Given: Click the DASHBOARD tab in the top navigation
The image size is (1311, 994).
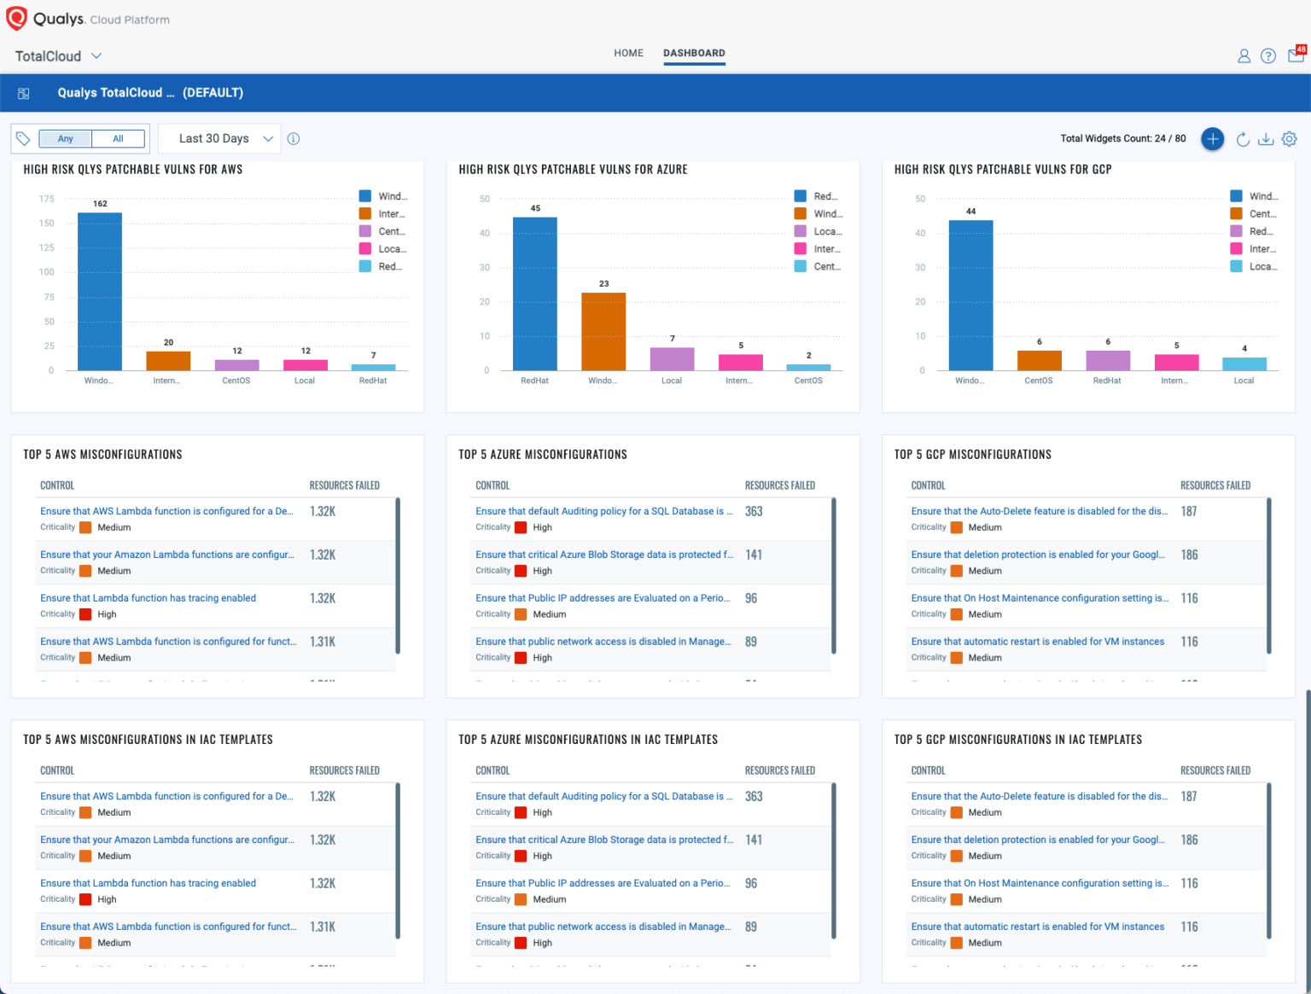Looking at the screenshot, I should pyautogui.click(x=694, y=53).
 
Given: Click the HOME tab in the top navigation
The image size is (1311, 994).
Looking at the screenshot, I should pyautogui.click(x=628, y=53).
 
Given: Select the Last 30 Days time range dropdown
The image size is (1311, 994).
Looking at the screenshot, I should pyautogui.click(x=225, y=139).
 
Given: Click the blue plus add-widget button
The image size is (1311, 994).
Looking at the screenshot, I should pyautogui.click(x=1212, y=139).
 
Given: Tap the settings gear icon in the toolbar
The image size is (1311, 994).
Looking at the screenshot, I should pyautogui.click(x=1289, y=139).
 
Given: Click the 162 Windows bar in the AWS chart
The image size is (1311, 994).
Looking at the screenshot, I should pyautogui.click(x=100, y=291).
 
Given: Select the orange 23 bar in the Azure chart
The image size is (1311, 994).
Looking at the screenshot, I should pyautogui.click(x=603, y=331).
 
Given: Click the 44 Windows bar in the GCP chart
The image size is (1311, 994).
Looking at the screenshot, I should pyautogui.click(x=970, y=295).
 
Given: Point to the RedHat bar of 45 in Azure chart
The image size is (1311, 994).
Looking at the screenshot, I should pyautogui.click(x=535, y=294).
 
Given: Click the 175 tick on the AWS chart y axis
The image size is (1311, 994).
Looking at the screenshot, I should pyautogui.click(x=47, y=199).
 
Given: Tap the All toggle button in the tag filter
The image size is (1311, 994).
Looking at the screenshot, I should pyautogui.click(x=118, y=139).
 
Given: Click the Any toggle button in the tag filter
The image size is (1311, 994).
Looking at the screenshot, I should pyautogui.click(x=66, y=139).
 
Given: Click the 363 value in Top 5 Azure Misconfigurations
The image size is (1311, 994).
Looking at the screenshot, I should pyautogui.click(x=754, y=512).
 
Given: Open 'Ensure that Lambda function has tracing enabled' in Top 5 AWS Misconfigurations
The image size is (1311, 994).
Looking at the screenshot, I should pyautogui.click(x=148, y=598).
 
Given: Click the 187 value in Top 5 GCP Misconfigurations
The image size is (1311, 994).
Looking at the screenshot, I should pyautogui.click(x=1189, y=512).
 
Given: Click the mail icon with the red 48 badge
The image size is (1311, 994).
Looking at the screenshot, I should pyautogui.click(x=1296, y=55).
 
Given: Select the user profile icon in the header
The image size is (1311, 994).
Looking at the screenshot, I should pyautogui.click(x=1244, y=56).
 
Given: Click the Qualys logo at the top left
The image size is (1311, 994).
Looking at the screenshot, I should pyautogui.click(x=17, y=19).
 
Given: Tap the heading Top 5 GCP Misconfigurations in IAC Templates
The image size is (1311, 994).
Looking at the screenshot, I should pyautogui.click(x=1017, y=740).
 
